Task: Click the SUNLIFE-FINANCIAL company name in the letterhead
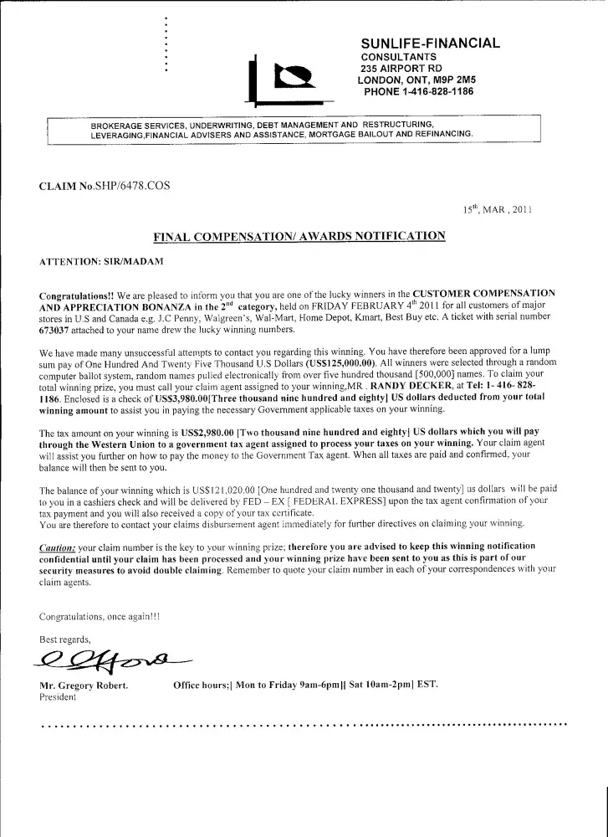pyautogui.click(x=430, y=43)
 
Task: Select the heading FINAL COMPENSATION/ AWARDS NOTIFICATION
pyautogui.click(x=299, y=236)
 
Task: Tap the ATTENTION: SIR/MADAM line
pyautogui.click(x=101, y=262)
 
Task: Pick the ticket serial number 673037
pyautogui.click(x=58, y=329)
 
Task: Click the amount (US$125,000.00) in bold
pyautogui.click(x=330, y=364)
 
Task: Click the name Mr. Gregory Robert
pyautogui.click(x=84, y=686)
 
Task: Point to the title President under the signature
pyautogui.click(x=58, y=697)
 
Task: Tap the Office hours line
pyautogui.click(x=305, y=685)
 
